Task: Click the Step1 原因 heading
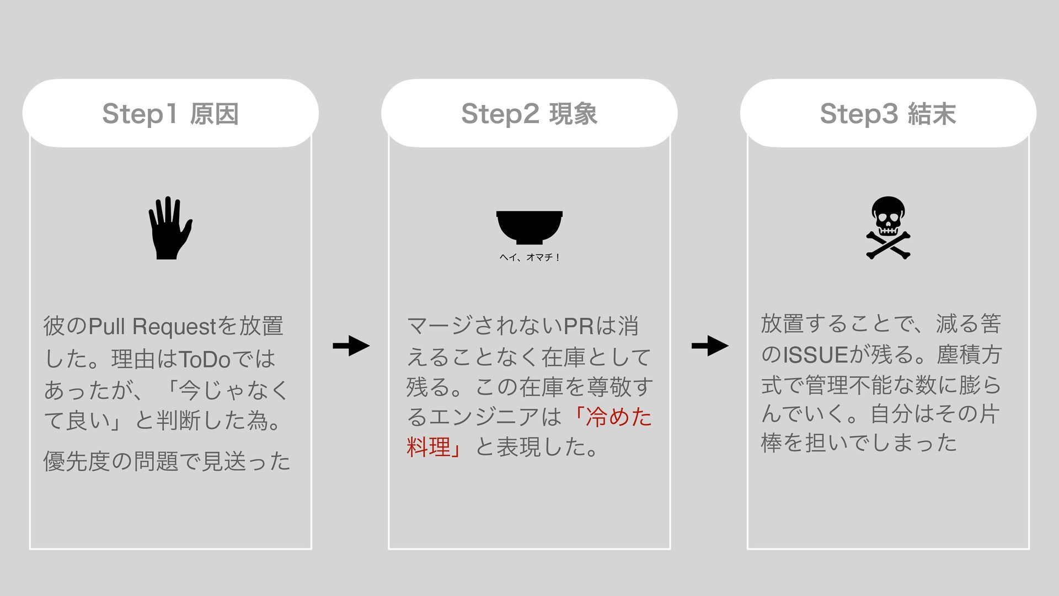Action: (170, 114)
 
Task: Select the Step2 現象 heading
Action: (529, 114)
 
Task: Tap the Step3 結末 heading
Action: (887, 114)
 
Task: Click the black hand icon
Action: (169, 228)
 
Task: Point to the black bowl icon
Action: (529, 227)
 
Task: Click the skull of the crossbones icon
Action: (888, 216)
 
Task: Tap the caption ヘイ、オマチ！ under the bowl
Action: (529, 257)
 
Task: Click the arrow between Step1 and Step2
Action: (351, 346)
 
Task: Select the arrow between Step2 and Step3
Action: (710, 346)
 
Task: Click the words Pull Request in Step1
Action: (153, 326)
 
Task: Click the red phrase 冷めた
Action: (619, 417)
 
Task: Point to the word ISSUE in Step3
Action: (815, 355)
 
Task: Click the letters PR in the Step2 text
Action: (579, 326)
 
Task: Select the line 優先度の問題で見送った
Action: (167, 461)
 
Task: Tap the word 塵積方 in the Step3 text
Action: (969, 355)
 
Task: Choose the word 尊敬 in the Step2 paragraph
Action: (609, 387)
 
